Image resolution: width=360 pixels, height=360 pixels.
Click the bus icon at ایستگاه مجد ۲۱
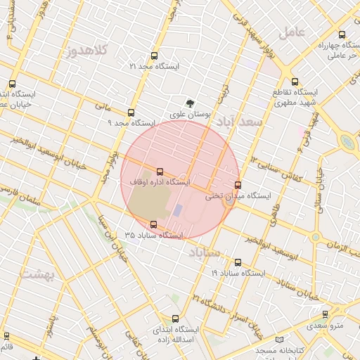click(x=154, y=55)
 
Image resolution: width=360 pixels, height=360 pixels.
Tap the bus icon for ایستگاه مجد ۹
click(x=131, y=112)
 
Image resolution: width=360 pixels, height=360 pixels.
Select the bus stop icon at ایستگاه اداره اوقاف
click(x=160, y=171)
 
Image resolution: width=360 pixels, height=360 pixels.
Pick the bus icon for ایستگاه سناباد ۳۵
click(x=154, y=224)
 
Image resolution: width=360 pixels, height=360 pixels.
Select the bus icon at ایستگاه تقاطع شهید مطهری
click(x=295, y=81)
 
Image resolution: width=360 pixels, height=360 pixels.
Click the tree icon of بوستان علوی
click(x=189, y=103)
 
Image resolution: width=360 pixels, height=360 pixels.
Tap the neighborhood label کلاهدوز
click(x=88, y=50)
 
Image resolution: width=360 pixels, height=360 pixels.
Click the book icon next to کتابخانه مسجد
click(x=281, y=339)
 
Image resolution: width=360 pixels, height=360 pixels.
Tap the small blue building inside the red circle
click(x=178, y=210)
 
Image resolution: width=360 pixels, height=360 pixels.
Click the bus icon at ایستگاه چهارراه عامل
click(x=342, y=34)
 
